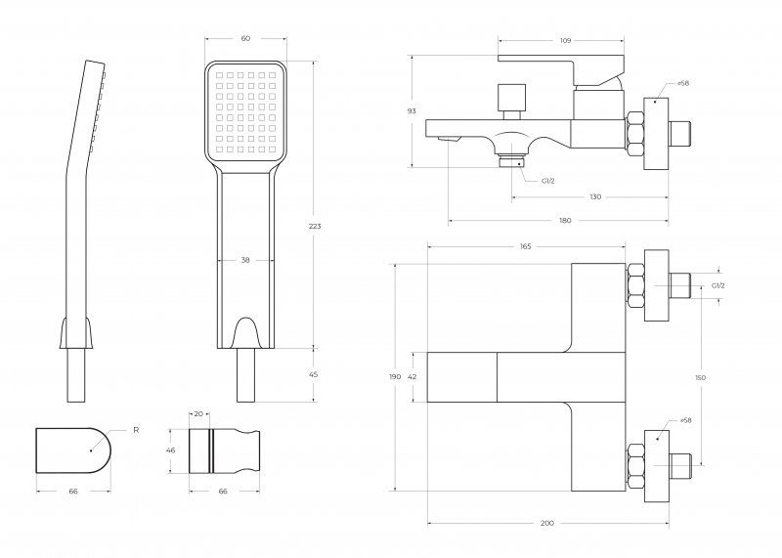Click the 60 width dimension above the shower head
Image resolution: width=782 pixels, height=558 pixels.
pos(245,38)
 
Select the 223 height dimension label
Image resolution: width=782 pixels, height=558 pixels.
pos(315,227)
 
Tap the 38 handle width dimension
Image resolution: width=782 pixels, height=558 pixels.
pos(245,260)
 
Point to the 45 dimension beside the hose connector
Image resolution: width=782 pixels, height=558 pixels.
pos(314,374)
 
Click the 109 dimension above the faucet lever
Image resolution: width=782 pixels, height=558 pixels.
pos(565,40)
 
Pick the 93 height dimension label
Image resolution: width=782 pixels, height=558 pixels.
pos(412,111)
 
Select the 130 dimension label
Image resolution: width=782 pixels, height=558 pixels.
pos(595,197)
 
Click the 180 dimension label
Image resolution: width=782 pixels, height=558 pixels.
pos(565,221)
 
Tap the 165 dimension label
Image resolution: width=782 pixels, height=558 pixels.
pos(526,246)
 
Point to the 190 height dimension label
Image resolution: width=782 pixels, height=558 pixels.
pos(395,377)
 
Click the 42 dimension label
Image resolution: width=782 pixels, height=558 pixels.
pos(412,377)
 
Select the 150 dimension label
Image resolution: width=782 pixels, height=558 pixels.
pos(700,377)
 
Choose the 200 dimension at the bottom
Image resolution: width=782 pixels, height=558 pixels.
pos(547,523)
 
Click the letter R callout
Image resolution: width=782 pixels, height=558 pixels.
pos(136,430)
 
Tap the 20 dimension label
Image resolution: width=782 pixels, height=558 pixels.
pos(198,414)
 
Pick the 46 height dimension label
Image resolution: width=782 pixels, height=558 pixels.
pos(170,451)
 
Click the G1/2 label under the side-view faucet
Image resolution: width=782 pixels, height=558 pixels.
pos(548,181)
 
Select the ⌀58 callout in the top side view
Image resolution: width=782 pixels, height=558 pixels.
pos(683,83)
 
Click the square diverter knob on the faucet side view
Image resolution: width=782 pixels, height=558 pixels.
pos(511,98)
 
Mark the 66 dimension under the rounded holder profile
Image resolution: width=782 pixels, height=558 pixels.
pos(73,492)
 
